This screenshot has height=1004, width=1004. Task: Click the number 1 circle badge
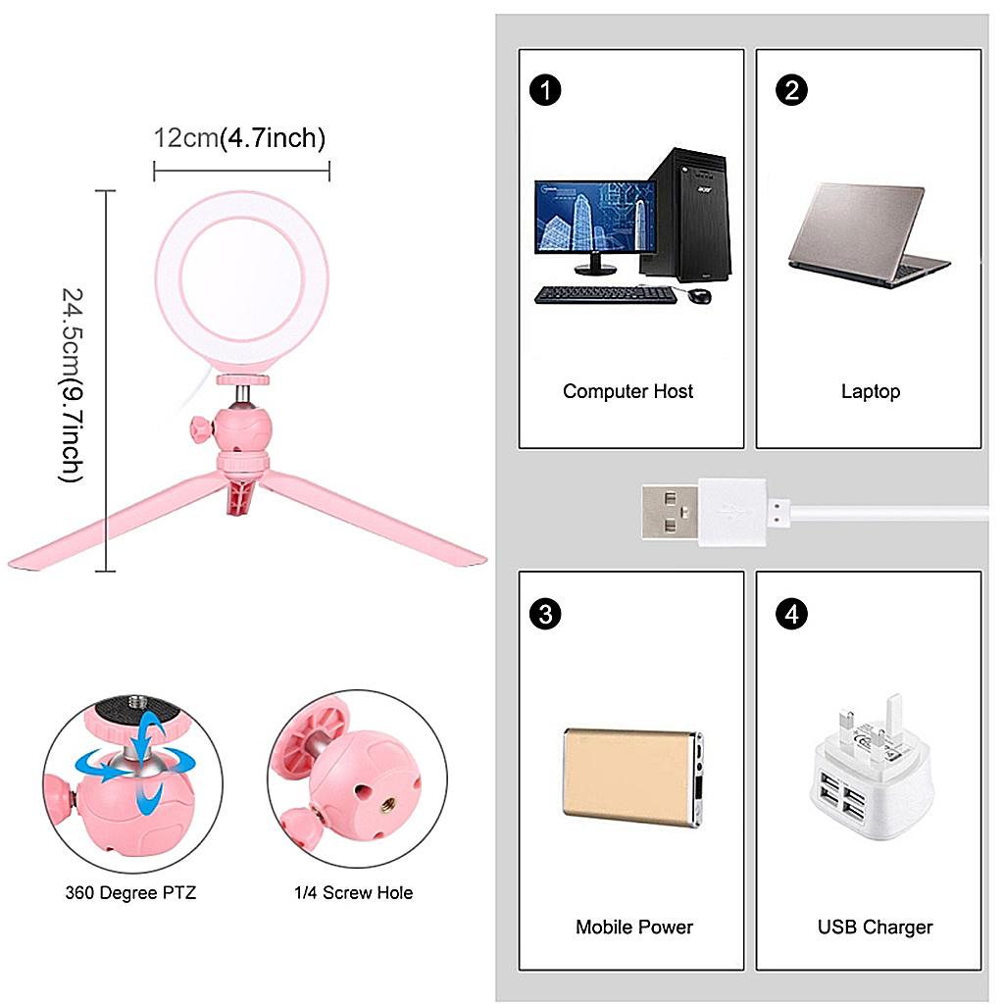(x=545, y=90)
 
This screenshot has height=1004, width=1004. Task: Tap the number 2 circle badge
(x=791, y=90)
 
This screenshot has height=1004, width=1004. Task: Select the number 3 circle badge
(x=545, y=614)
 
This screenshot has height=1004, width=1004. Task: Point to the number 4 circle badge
(x=791, y=614)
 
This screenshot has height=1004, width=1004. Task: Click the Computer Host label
(x=627, y=391)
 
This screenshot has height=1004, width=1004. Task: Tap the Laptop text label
(x=870, y=391)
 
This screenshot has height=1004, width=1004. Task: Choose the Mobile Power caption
(x=633, y=927)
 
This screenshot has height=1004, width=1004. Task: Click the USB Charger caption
(x=875, y=927)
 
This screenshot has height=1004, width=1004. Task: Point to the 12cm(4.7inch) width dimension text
(x=239, y=138)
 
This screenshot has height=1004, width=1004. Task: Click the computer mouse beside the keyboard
(x=698, y=296)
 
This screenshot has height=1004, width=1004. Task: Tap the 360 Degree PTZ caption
(x=130, y=893)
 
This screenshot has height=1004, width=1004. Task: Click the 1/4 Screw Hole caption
(x=353, y=893)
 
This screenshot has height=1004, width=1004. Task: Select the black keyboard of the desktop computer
(x=605, y=293)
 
